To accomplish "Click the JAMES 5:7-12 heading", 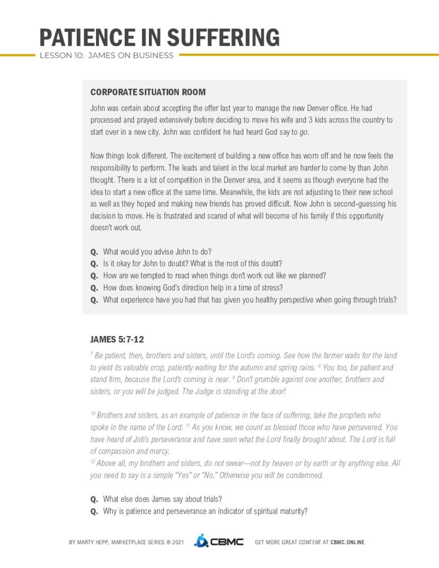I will point(117,339).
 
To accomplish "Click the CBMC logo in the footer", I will point(219,541).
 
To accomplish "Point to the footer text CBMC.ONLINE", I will point(347,542).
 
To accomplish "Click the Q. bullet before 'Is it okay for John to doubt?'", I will point(94,263).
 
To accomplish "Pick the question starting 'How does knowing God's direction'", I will point(193,287).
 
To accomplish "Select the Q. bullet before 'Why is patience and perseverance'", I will point(94,511).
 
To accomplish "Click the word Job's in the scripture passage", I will point(130,439).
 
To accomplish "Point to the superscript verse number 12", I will point(92,461).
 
